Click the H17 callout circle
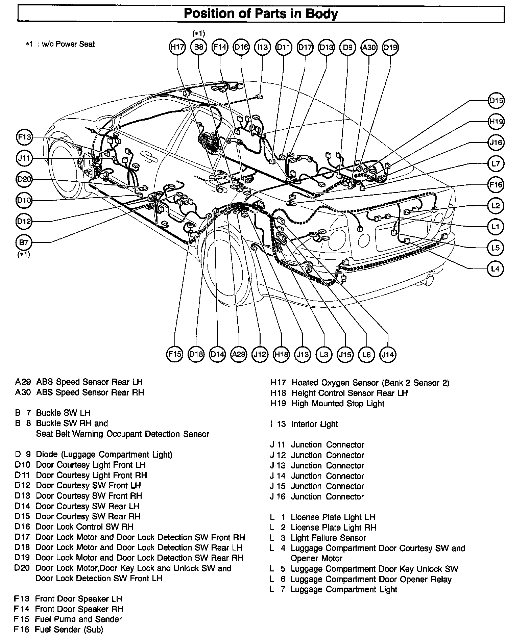click(177, 47)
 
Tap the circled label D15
click(496, 101)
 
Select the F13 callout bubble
click(24, 137)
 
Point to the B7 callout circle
click(24, 242)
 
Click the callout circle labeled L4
click(496, 269)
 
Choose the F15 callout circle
click(175, 354)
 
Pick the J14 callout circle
click(388, 354)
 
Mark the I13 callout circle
click(262, 47)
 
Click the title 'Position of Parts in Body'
click(261, 14)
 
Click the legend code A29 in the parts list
click(23, 382)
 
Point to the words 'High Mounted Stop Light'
click(338, 404)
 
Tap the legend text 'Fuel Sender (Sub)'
click(69, 630)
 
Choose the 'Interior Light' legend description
click(314, 424)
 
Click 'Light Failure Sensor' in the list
click(328, 538)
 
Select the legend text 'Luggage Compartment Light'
click(344, 590)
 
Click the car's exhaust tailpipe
click(430, 279)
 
